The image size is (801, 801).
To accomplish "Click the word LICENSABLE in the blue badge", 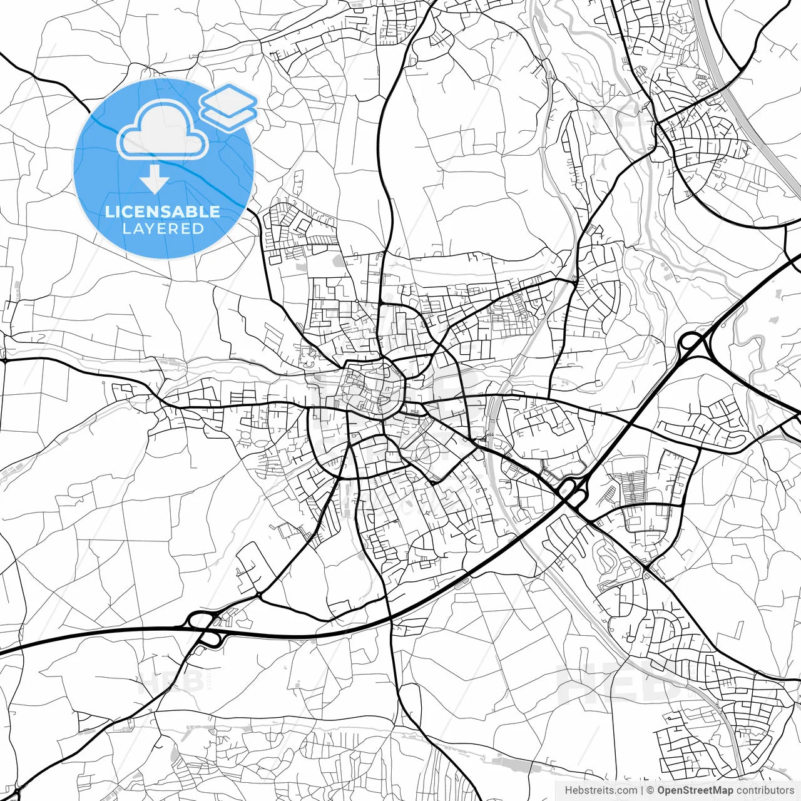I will click(x=163, y=212).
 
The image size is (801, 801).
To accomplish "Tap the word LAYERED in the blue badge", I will click(x=163, y=228).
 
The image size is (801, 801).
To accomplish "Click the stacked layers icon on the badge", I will click(x=228, y=106).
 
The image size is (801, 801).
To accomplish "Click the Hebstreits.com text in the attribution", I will click(x=601, y=790).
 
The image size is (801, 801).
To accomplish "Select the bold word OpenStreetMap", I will click(x=695, y=790).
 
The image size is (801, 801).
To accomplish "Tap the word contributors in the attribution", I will click(x=765, y=790).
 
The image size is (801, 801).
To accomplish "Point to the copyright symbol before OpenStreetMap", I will click(x=650, y=790).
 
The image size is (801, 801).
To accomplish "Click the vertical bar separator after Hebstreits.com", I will click(x=642, y=790).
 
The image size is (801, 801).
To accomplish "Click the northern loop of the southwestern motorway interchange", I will click(x=200, y=620).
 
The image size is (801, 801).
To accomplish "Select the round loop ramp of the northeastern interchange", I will click(x=691, y=342).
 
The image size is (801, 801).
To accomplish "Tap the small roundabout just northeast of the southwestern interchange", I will click(x=258, y=594).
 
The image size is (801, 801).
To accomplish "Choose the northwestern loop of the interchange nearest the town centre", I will click(x=566, y=486).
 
